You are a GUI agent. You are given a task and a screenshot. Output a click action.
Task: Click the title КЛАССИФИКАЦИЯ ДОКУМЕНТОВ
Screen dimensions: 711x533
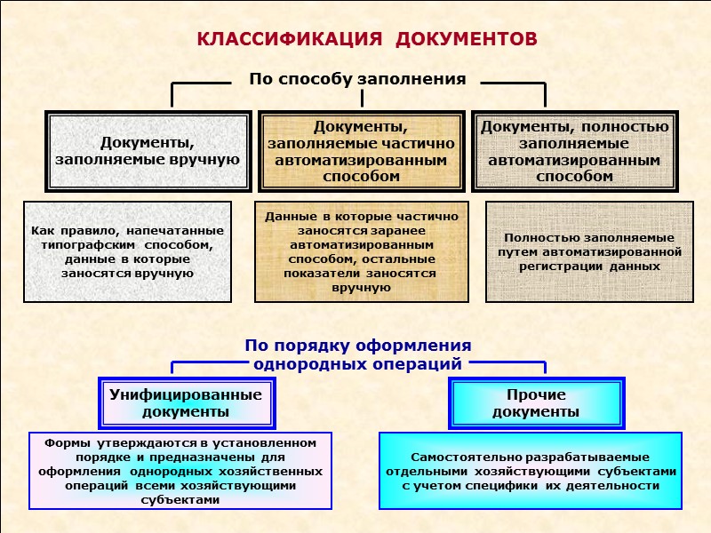366,41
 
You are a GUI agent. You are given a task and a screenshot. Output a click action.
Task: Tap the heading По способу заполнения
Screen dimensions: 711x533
357,79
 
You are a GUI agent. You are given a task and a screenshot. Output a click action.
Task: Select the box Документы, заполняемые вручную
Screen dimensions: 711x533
148,151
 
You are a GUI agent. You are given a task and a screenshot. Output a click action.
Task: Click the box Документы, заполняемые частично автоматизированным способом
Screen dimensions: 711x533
361,151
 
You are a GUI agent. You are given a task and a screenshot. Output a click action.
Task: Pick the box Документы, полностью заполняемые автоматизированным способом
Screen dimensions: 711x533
575,151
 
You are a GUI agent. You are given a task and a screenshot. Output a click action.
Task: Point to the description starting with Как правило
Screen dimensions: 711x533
127,251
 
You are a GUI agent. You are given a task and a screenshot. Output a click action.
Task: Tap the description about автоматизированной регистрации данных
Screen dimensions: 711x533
589,251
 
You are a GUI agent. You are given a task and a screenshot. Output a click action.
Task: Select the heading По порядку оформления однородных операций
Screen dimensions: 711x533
357,354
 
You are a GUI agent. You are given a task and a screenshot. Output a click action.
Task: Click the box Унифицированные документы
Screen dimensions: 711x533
186,403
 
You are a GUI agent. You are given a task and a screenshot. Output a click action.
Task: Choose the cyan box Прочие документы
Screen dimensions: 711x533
536,403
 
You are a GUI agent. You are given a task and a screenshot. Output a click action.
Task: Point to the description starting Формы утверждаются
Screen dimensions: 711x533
180,471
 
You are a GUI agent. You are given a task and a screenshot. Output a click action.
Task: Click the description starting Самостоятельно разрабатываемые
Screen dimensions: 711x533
531,471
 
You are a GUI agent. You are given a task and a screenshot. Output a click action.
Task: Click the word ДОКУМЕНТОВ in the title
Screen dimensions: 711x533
466,41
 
